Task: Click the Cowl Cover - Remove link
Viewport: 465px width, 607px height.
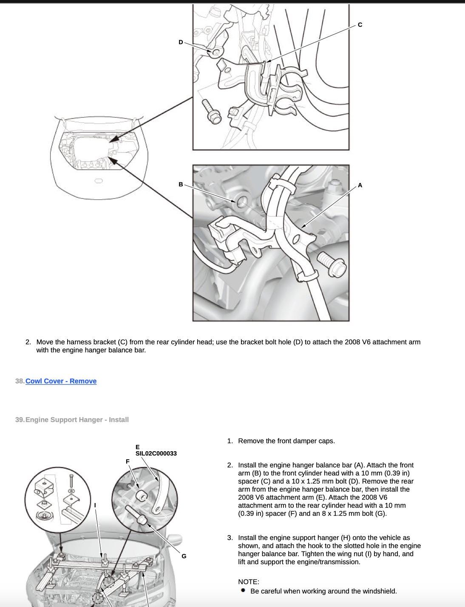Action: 61,381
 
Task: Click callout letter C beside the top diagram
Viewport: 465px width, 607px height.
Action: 360,25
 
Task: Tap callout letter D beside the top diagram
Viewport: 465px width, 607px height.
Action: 181,42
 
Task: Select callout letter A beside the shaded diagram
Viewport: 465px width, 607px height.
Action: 360,185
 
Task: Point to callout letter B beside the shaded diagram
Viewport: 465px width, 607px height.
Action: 181,185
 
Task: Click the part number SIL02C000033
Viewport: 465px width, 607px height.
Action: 156,453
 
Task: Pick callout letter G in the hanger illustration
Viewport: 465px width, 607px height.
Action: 184,556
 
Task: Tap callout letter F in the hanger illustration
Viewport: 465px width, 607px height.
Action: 128,461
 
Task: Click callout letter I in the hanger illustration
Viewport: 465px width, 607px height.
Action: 95,505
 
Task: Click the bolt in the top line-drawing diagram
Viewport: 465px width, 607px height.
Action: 212,112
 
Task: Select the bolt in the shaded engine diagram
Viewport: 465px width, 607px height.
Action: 331,264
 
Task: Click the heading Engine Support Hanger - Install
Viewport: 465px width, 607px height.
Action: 77,420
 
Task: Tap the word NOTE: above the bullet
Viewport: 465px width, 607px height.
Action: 249,582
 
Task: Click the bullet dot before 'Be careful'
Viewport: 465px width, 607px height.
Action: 243,590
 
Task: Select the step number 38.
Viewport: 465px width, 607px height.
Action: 20,381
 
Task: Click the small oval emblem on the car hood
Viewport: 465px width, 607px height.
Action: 99,181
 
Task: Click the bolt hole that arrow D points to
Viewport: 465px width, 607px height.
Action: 215,52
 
